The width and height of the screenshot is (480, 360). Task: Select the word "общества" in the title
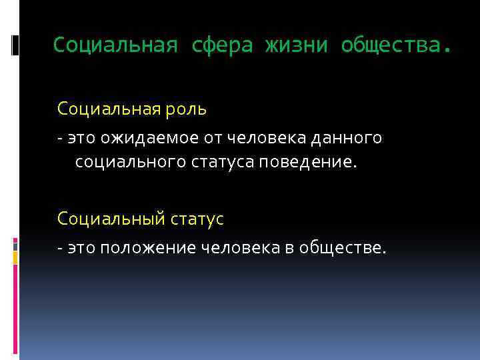click(x=390, y=45)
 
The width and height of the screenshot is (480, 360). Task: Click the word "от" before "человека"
click(x=212, y=138)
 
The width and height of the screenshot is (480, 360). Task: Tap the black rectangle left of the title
click(x=15, y=45)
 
